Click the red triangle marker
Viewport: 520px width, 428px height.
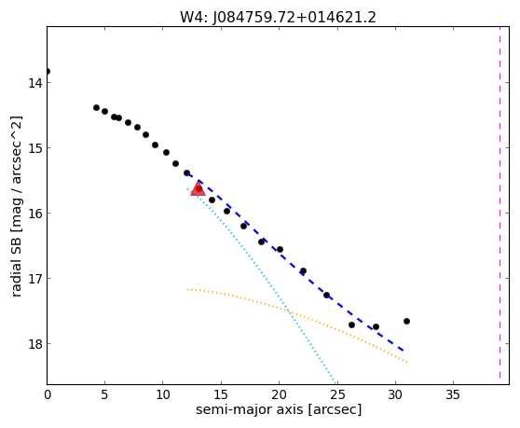point(198,188)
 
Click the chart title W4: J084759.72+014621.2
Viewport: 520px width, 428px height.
point(278,18)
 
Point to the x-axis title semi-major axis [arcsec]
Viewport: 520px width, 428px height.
point(279,409)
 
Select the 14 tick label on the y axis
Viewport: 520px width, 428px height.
point(35,83)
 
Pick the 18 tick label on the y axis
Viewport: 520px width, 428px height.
point(35,344)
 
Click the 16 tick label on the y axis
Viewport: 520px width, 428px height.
point(35,213)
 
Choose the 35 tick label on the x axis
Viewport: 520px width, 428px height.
point(453,394)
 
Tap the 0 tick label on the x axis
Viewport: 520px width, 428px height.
point(48,394)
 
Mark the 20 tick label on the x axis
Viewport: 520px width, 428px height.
point(279,394)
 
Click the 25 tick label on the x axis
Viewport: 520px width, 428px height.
point(337,394)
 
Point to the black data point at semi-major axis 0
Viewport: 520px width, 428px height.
point(48,71)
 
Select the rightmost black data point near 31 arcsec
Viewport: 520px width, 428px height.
point(406,321)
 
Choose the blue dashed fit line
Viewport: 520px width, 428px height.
point(295,262)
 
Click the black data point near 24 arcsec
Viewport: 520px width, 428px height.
point(326,295)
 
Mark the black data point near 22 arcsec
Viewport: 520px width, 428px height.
point(303,270)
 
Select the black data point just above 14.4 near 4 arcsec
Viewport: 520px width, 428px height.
point(97,107)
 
